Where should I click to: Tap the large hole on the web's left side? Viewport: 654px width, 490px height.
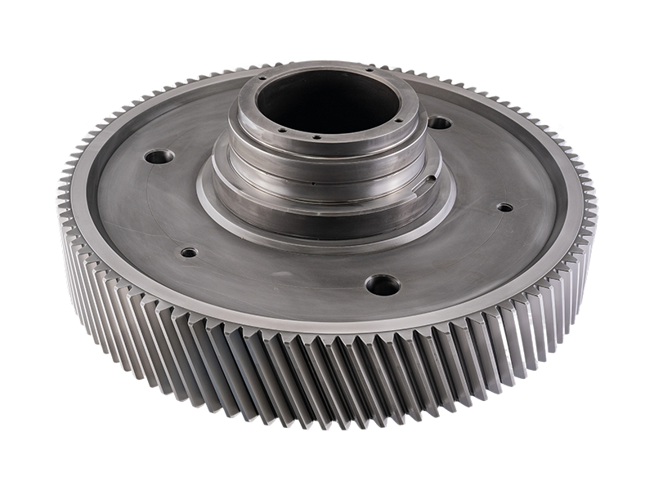(x=159, y=155)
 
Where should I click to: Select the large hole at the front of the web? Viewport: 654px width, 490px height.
(x=383, y=285)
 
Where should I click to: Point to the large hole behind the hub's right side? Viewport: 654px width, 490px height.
(x=440, y=123)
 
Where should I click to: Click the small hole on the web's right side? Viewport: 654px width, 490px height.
(x=505, y=207)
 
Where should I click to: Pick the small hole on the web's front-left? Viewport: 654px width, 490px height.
(x=189, y=252)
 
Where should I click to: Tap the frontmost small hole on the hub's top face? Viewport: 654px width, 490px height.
(x=316, y=137)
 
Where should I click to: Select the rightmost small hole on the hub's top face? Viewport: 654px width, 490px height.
(x=398, y=120)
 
